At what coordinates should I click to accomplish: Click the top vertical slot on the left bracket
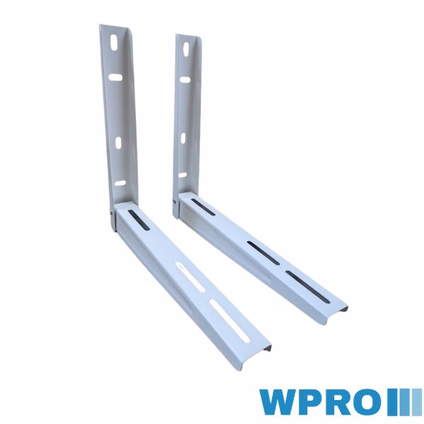pos(114,42)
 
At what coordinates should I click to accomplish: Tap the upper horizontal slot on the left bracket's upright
pos(115,77)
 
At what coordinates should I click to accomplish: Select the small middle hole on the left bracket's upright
pos(119,143)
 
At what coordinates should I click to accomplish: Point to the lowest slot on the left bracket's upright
pos(120,183)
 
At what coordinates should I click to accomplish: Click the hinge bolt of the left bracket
pos(112,212)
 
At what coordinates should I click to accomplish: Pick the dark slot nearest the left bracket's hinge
pos(139,220)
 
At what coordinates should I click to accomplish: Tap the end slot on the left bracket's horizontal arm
pos(230,321)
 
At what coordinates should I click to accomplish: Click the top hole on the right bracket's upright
pos(187,49)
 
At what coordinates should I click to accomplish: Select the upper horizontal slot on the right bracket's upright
pos(184,79)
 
